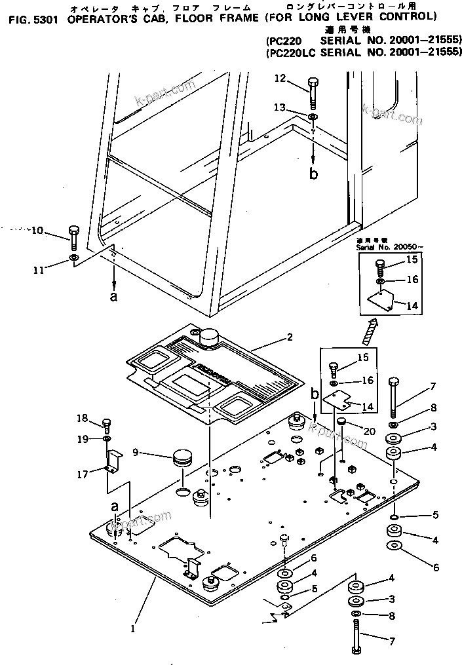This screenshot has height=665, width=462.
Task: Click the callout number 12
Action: click(x=280, y=79)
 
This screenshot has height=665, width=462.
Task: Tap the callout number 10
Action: click(x=37, y=231)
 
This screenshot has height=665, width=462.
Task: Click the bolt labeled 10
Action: click(x=73, y=238)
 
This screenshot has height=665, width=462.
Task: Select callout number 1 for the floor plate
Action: click(x=132, y=629)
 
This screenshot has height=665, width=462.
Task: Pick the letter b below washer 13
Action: click(x=313, y=174)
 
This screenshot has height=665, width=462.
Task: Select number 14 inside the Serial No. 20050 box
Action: click(x=412, y=305)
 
